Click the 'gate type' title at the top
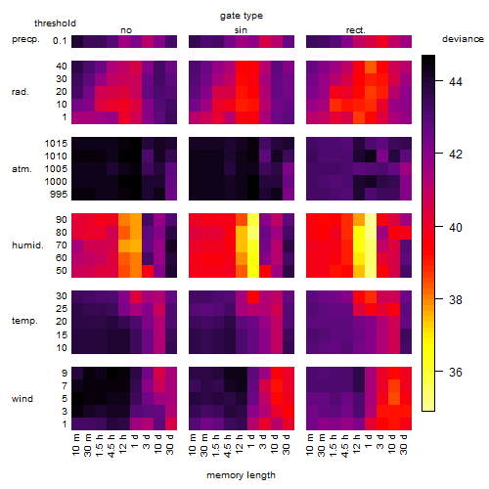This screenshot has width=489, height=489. pos(242,16)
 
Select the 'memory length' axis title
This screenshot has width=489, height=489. pos(241,475)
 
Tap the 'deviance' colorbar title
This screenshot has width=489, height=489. pos(463,39)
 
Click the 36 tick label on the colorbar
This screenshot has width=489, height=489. pos(456,373)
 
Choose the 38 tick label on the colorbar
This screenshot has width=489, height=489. pos(456,299)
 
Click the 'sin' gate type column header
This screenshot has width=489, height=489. pos(241,30)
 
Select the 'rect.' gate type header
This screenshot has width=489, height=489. pos(355,30)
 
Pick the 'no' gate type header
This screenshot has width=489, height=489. pos(126,30)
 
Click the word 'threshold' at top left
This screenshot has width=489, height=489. pos(55,23)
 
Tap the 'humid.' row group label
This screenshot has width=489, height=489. pos(27,245)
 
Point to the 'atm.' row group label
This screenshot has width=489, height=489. pos(22,169)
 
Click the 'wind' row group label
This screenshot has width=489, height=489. pos(22,399)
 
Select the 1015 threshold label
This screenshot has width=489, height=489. pos(56,144)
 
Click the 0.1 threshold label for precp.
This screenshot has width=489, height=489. pos(60,41)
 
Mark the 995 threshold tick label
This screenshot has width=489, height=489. pos(59,195)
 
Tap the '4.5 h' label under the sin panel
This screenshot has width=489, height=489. pos(227,446)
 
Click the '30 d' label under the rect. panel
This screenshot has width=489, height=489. pos(403,445)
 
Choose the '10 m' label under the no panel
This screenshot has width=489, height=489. pos(75,445)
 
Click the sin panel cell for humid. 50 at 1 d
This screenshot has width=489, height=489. pos(253,271)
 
